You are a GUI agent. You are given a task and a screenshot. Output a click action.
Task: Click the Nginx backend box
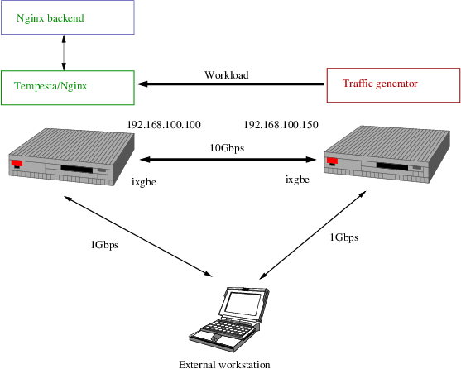coord(67,17)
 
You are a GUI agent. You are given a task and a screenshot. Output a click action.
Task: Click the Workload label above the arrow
coord(226,74)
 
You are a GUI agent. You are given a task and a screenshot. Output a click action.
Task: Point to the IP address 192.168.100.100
coord(164,125)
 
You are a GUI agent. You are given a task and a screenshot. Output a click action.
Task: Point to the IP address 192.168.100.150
coord(281,125)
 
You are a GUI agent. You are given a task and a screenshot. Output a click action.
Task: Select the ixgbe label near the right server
coord(298,179)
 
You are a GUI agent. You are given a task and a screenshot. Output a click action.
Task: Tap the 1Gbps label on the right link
coord(343,237)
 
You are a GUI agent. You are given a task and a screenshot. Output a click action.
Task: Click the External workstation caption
coord(224,363)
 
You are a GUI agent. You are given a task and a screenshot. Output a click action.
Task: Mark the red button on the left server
coord(16,163)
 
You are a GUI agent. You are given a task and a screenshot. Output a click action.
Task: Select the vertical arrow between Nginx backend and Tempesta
coord(64,52)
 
